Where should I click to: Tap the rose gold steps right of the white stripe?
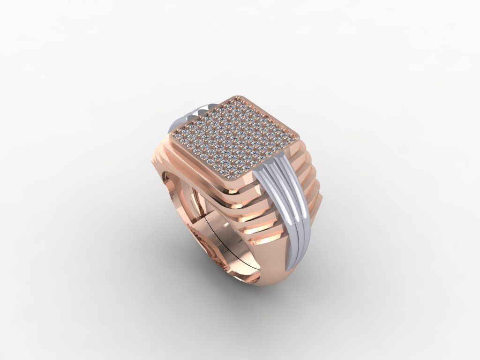pos(312,187)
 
